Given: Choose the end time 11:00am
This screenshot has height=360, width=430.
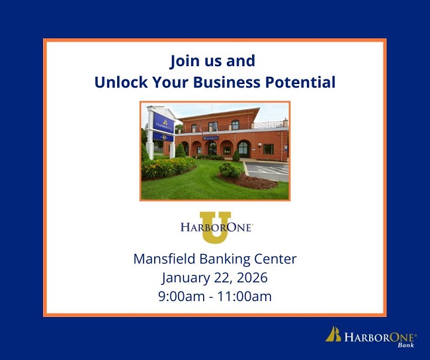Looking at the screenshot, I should point(245,296).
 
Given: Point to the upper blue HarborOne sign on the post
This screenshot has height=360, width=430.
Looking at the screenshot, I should point(162,122).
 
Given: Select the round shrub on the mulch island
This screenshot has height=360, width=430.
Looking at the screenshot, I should point(230,170).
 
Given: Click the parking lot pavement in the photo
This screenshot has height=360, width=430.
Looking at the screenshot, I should point(268,170).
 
